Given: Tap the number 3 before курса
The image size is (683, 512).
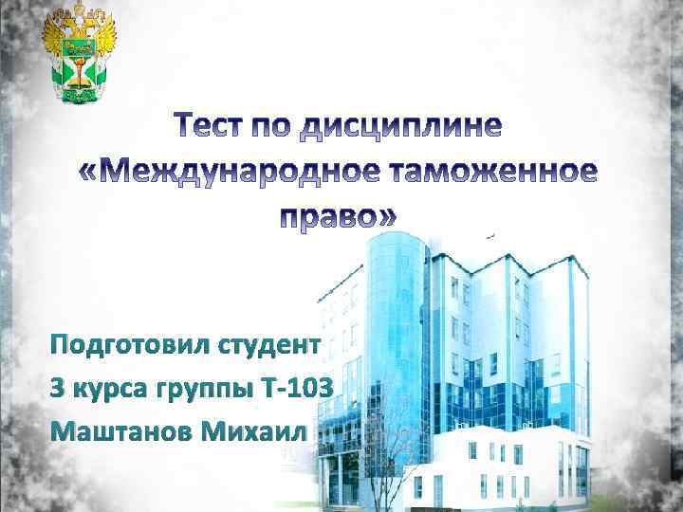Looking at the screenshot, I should tap(59, 388).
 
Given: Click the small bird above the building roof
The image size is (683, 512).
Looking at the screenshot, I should tap(490, 233).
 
